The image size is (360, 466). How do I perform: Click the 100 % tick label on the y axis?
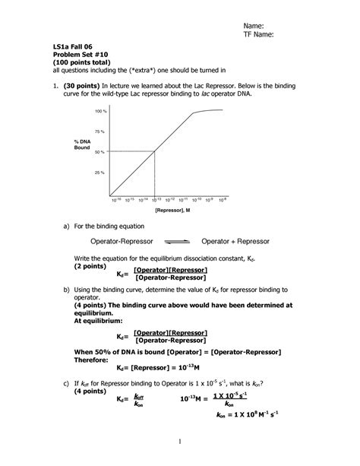99,112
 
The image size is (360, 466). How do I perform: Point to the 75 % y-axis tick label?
99,132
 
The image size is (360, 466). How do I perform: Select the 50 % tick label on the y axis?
99,152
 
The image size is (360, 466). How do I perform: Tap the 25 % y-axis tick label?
99,173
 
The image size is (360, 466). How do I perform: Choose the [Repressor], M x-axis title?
172,209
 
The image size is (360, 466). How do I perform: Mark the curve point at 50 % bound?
155,151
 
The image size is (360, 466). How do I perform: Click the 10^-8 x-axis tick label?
223,199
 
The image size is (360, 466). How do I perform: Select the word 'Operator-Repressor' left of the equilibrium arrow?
122,241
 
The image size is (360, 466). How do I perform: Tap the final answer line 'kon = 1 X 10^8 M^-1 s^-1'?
248,414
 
